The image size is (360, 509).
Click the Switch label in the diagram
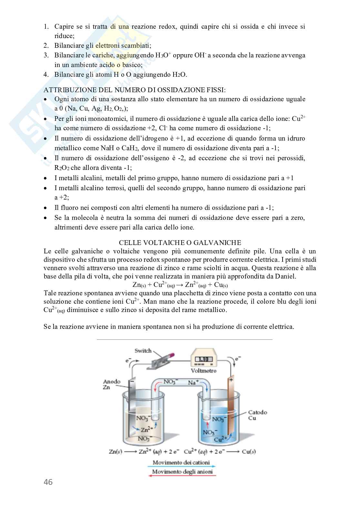143,351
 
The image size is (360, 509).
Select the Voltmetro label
204,371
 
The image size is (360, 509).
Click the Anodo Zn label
111,384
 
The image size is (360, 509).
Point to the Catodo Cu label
257,415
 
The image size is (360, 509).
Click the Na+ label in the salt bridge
193,382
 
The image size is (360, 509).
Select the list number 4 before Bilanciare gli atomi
46,75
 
